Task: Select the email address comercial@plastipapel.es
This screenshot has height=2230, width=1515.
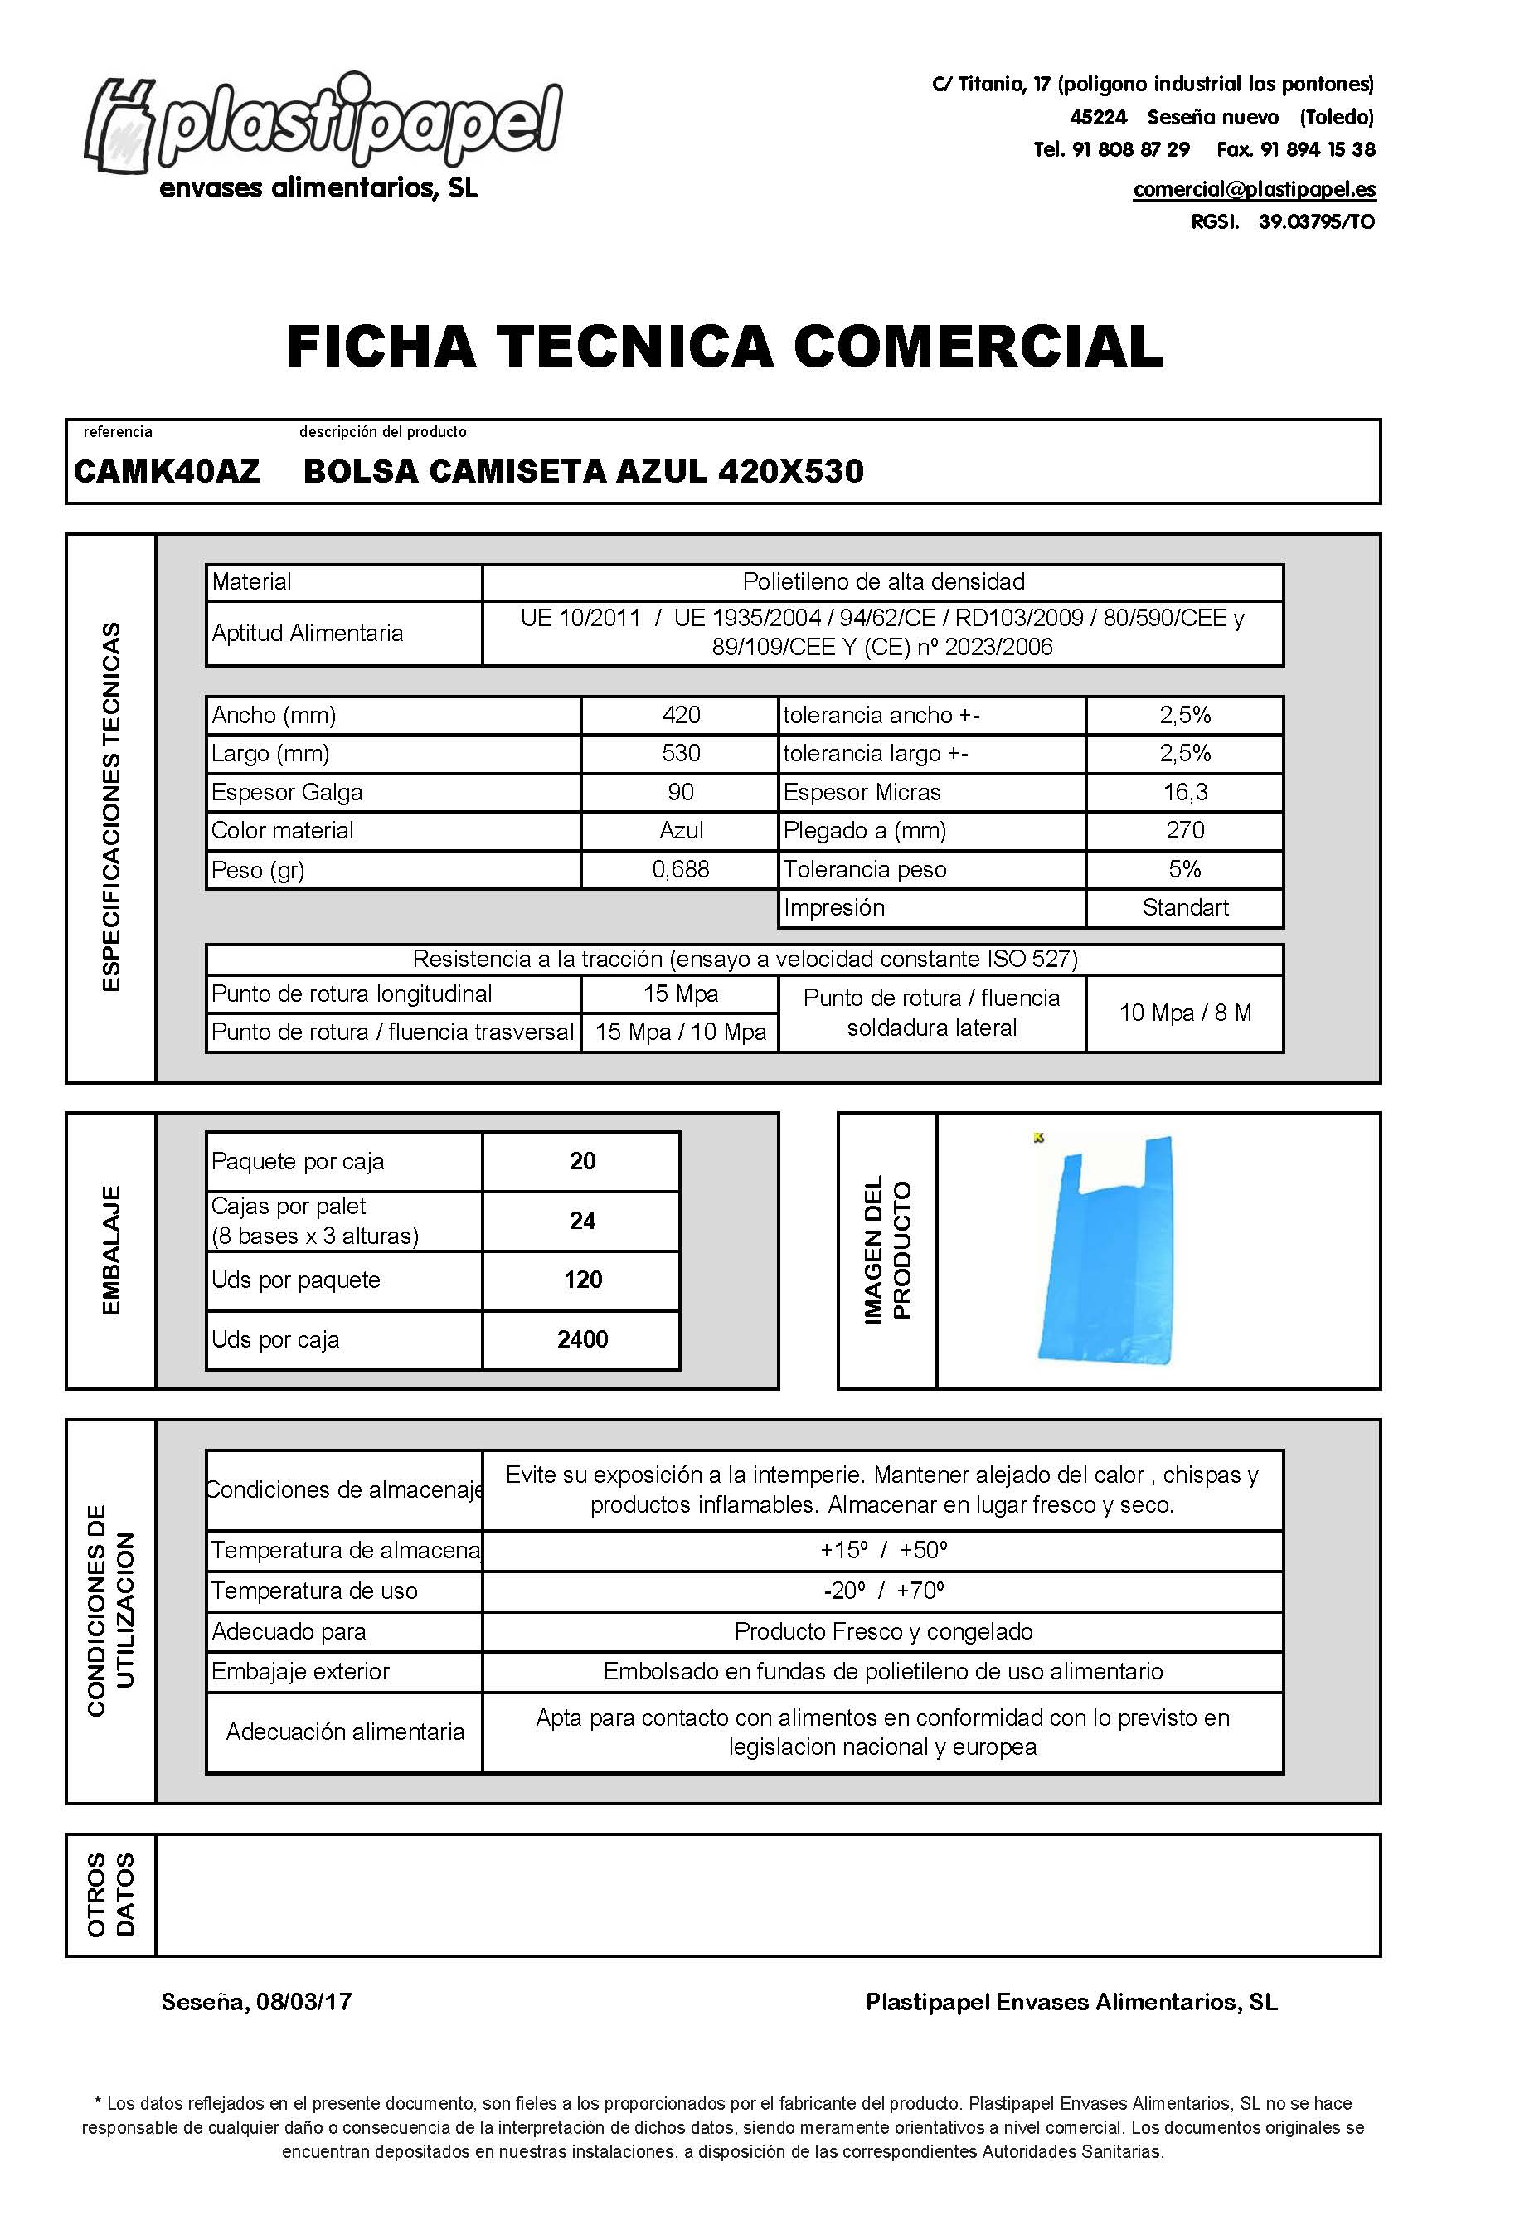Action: [1254, 189]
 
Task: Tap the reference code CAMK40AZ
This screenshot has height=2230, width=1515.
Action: [167, 471]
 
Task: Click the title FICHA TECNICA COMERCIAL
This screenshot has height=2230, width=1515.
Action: [725, 347]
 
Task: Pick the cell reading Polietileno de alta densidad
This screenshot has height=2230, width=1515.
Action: [882, 581]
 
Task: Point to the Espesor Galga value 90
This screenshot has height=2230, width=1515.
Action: [680, 792]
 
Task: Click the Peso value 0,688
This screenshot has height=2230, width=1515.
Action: [680, 869]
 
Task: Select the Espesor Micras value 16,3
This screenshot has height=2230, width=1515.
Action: [1185, 792]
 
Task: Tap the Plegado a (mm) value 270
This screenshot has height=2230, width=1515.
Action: [1185, 830]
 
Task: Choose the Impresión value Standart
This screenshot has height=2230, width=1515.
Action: [1185, 908]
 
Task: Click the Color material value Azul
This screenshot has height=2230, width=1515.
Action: [680, 830]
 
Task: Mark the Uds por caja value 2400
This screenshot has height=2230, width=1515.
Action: [582, 1339]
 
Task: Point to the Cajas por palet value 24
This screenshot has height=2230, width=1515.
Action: [582, 1221]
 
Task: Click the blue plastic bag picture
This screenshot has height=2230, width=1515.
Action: [1108, 1252]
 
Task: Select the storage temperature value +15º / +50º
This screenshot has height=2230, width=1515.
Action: [882, 1550]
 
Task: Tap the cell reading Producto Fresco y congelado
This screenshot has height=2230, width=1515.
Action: [882, 1631]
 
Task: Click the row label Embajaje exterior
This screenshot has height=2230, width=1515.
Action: [300, 1672]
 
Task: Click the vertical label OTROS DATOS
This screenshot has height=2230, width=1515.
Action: [111, 1894]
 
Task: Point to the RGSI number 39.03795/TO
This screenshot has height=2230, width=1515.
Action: [1316, 221]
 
